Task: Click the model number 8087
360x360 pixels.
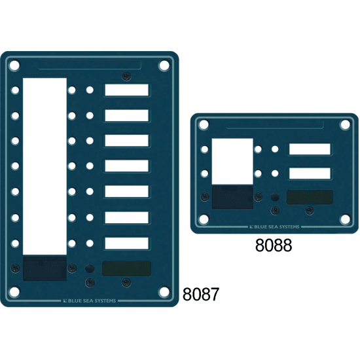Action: point(200,294)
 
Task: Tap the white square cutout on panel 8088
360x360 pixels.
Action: point(232,161)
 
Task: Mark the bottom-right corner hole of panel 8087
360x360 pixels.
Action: point(164,293)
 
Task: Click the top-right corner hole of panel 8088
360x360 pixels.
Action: point(346,124)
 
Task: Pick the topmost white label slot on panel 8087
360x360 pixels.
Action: point(127,90)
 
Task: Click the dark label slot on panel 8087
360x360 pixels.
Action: point(127,268)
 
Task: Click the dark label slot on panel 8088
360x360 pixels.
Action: point(309,197)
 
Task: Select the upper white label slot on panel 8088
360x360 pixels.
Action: point(310,149)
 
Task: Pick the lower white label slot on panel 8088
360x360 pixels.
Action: point(310,173)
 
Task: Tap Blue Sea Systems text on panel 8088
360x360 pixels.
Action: point(275,227)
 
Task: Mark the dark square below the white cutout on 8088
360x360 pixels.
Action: point(232,197)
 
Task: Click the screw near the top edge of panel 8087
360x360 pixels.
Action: point(127,75)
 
